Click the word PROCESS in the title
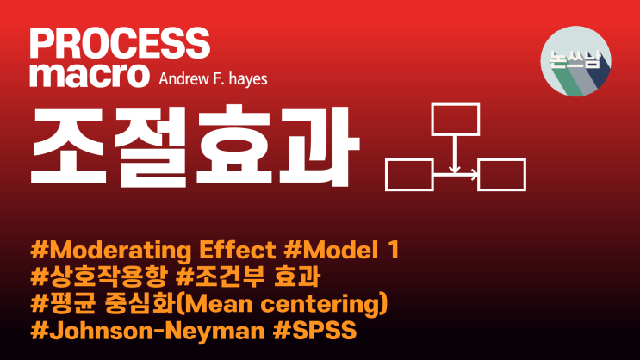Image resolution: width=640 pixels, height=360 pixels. [x=119, y=43]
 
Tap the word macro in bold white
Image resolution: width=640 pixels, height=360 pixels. [x=90, y=74]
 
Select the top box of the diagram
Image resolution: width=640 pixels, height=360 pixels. [x=454, y=121]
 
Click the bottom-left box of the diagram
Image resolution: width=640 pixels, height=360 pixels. [x=409, y=175]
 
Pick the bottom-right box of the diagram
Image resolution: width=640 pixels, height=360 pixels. [x=501, y=175]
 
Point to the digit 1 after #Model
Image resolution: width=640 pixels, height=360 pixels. [x=392, y=252]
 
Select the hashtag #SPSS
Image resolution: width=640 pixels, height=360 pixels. [x=313, y=331]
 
